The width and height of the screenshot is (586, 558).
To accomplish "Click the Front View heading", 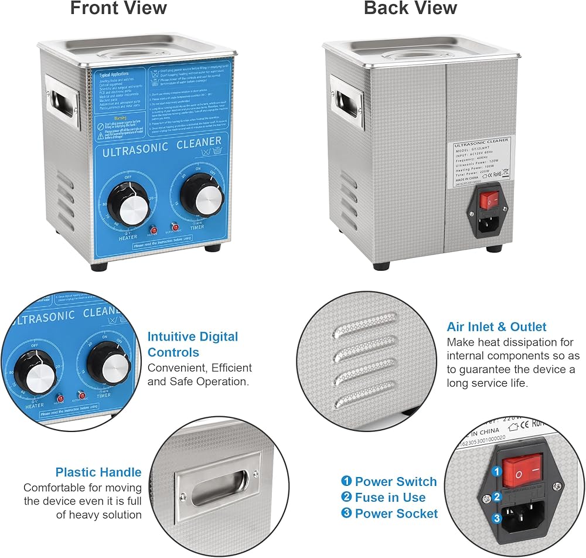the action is tap(118, 9).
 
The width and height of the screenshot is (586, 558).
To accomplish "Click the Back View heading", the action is tap(410, 9).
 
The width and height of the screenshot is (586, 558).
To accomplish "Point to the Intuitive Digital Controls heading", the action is tap(193, 345).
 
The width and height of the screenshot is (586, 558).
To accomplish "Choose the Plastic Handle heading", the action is tap(98, 472).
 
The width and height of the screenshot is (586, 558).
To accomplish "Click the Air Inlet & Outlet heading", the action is tap(496, 327).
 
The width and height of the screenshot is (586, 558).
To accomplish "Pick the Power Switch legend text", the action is tap(396, 482).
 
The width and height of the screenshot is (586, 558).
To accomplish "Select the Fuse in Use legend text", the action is tap(390, 498).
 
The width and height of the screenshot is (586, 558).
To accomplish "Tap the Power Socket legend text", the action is tap(396, 513).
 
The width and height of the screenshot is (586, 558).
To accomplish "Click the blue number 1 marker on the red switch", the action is tap(496, 471).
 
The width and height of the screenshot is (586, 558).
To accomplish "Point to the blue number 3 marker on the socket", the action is tap(496, 518).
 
